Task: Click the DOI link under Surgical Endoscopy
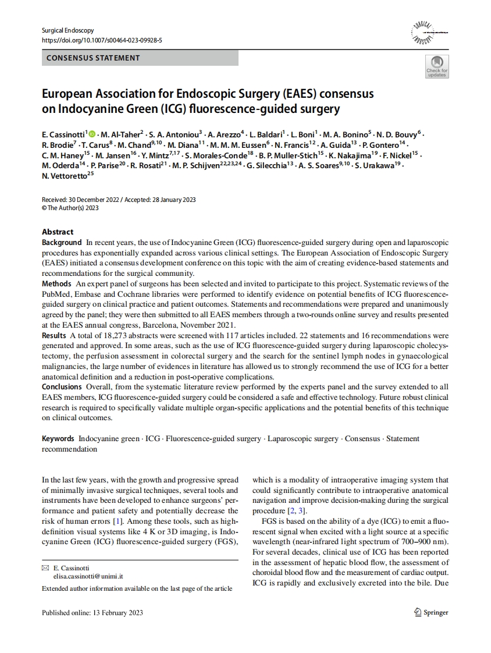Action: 102,40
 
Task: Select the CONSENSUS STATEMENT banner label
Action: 93,58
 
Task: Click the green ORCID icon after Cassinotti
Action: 92,134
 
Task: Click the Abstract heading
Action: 58,232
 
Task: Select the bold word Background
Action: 62,242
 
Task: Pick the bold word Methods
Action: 56,284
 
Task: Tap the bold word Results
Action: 54,336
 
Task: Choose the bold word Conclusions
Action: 62,386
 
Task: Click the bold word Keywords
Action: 58,439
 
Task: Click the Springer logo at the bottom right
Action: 431,612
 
